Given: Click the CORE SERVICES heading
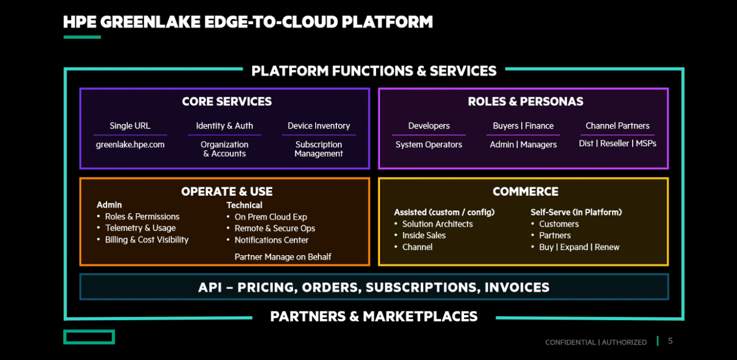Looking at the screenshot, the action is (x=227, y=101).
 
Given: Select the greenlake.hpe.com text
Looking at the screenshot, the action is (x=130, y=145).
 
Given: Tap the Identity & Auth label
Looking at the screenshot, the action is (x=225, y=126).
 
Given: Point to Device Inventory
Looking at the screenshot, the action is (x=318, y=126).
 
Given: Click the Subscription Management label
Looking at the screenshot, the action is (x=318, y=149).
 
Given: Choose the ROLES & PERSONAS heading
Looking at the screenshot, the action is (x=526, y=101).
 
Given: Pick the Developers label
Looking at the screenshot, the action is (x=429, y=126).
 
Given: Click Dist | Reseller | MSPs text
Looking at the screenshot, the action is (x=618, y=143).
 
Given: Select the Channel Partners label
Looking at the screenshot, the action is (x=618, y=126).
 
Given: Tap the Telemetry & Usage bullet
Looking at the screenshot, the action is (x=140, y=228).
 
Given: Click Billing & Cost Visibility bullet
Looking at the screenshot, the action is (x=147, y=240).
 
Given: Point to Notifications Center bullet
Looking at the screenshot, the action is (x=271, y=240).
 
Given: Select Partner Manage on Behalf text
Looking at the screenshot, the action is (x=283, y=257).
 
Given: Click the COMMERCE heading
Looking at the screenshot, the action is (x=526, y=191).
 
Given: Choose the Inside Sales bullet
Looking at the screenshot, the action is (x=424, y=236).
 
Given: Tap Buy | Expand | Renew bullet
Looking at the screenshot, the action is (x=579, y=247).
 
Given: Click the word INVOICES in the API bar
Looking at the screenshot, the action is (x=517, y=287).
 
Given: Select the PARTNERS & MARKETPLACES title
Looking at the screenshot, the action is (x=374, y=317).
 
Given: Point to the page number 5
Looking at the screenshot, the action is (x=670, y=341).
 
